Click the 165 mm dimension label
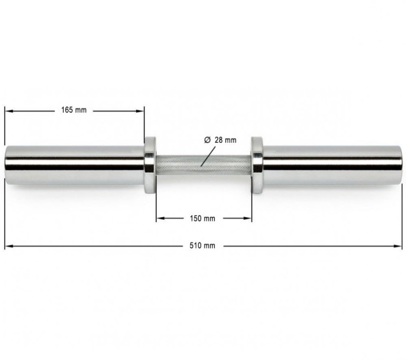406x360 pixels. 74,110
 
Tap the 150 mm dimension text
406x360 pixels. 203,219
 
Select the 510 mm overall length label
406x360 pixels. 202,246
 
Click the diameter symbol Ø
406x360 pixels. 207,140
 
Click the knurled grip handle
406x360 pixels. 203,166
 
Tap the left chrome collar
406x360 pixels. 150,165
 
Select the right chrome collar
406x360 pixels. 257,165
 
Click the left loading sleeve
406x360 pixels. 75,165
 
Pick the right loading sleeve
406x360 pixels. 333,165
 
